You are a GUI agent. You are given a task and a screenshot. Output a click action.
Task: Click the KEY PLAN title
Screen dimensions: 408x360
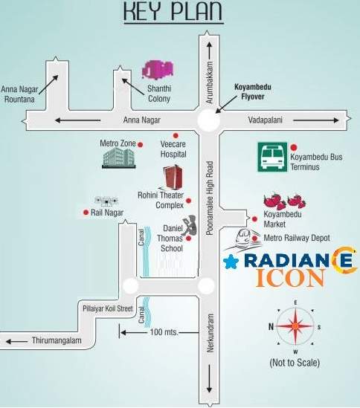pos(173,14)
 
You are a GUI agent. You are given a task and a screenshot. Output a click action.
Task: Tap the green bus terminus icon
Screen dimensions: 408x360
pos(272,157)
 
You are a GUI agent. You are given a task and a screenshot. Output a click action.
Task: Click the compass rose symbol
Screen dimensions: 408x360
pos(295,327)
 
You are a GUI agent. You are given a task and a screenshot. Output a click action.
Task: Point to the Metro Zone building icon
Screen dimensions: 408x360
pos(118,157)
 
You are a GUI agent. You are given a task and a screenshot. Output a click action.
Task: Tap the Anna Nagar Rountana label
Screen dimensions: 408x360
pos(20,92)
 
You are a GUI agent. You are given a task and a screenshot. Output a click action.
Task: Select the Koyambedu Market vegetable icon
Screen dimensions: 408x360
pos(284,201)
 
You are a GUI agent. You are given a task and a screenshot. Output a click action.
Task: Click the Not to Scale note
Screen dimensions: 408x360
pos(295,363)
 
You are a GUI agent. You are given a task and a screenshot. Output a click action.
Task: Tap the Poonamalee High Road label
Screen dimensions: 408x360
pos(210,200)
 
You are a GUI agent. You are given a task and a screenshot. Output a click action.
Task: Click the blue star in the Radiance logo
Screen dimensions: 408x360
pos(231,261)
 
